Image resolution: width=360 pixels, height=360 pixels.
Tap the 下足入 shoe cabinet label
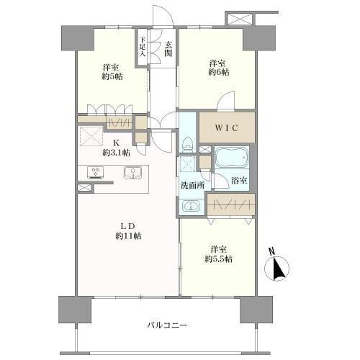coord(143,48)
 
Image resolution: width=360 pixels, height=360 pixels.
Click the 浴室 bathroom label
coord(239,181)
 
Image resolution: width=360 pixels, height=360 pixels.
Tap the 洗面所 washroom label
coord(192,185)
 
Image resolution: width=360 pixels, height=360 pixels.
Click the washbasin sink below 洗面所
coord(191,207)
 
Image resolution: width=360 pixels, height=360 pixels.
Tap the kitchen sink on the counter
coord(131,173)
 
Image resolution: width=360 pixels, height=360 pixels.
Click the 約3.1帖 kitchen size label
coord(115,153)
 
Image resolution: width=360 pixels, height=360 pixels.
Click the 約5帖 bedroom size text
coord(111,77)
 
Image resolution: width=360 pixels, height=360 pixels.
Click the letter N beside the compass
coord(271,251)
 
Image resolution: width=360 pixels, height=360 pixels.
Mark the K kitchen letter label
coord(115,142)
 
